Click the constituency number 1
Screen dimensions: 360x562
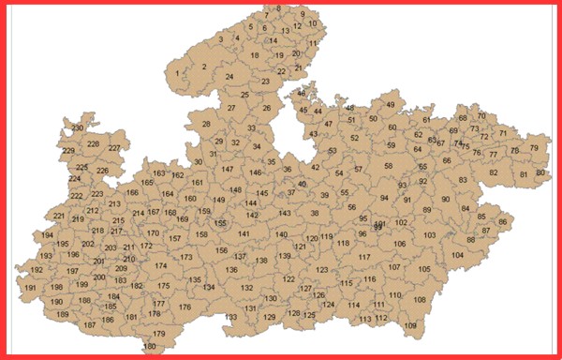177,72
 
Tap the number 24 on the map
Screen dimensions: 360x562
229,77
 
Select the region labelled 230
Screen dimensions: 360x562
78,127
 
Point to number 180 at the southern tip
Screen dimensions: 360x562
150,347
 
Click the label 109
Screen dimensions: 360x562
410,325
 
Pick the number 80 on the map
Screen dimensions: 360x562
540,173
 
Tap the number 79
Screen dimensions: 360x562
534,148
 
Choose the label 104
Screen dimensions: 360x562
457,255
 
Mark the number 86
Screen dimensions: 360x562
503,222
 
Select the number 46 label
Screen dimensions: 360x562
301,94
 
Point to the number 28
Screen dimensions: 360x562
206,124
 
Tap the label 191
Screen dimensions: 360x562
31,288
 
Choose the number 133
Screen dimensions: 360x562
230,318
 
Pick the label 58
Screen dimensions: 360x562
389,166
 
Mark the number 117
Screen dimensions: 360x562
364,257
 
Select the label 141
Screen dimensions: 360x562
244,233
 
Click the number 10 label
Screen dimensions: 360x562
313,24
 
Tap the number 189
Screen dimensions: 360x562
63,314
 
